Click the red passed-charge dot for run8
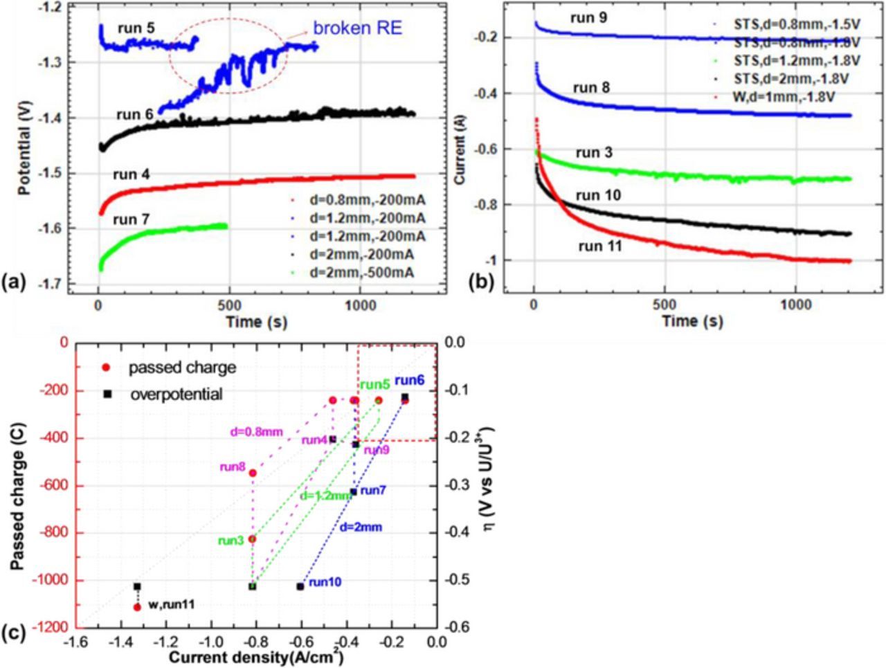pyautogui.click(x=253, y=473)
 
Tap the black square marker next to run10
pyautogui.click(x=300, y=586)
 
